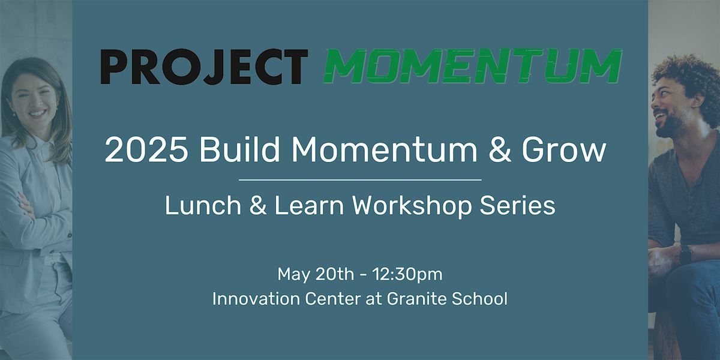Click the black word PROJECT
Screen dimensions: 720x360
pyautogui.click(x=204, y=67)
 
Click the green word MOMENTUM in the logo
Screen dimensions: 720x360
pyautogui.click(x=473, y=66)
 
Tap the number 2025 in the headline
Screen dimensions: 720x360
pyautogui.click(x=146, y=150)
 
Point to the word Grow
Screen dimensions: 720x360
pyautogui.click(x=564, y=149)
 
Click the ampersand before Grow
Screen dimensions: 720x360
pyautogui.click(x=499, y=150)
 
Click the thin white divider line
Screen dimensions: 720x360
pyautogui.click(x=360, y=180)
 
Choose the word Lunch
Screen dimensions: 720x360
pyautogui.click(x=203, y=205)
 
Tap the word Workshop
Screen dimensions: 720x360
pyautogui.click(x=412, y=206)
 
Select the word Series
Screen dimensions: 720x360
pyautogui.click(x=517, y=205)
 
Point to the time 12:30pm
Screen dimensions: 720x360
pyautogui.click(x=407, y=274)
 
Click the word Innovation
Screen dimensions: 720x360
pyautogui.click(x=256, y=299)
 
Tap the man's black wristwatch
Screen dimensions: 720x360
pyautogui.click(x=685, y=254)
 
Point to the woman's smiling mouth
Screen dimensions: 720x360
pyautogui.click(x=37, y=113)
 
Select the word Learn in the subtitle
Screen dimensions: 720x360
pyautogui.click(x=309, y=205)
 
